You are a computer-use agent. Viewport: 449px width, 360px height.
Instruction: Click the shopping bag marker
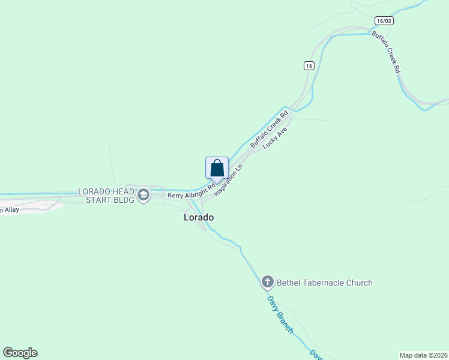(217, 168)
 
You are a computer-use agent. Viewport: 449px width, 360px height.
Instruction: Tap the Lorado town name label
(199, 218)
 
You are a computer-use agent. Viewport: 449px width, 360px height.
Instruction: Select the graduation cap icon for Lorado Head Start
(143, 195)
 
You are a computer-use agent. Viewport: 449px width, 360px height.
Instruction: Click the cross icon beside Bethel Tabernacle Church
(268, 282)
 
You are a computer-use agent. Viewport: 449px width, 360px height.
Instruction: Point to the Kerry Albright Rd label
(191, 191)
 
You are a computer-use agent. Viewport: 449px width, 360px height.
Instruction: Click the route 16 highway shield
(309, 66)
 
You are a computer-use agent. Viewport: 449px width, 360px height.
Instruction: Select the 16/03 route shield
(384, 21)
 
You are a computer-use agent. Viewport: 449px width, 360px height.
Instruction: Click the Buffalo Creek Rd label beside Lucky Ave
(270, 128)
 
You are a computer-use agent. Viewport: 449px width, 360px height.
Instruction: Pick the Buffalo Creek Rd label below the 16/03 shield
(386, 52)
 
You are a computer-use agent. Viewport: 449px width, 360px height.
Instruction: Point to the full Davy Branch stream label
(280, 314)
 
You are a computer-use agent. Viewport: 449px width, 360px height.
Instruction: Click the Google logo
(20, 353)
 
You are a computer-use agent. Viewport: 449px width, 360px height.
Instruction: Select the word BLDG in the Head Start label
(123, 200)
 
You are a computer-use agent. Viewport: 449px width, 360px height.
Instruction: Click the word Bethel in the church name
(289, 283)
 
